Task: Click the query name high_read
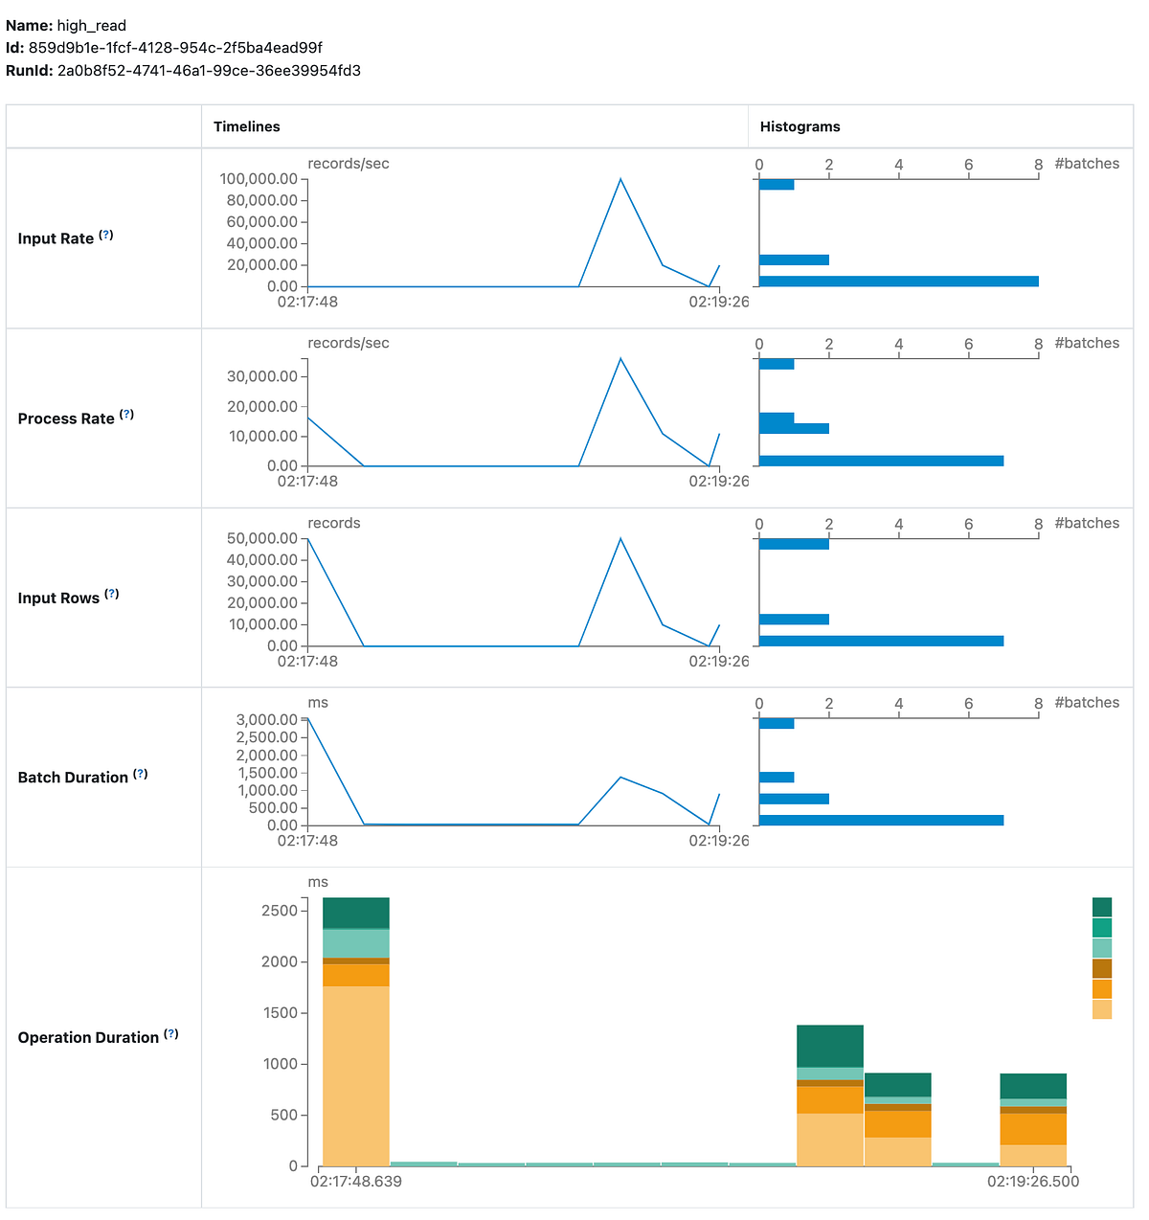pos(91,26)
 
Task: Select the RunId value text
pos(209,71)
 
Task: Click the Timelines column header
pos(246,126)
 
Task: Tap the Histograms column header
pos(800,126)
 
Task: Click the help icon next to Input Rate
pos(106,236)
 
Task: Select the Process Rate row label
pos(66,418)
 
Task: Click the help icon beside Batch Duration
pos(141,774)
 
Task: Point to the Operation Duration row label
pos(88,1037)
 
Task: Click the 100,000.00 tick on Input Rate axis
pos(259,179)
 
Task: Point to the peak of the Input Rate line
pos(620,179)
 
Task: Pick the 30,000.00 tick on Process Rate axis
pos(261,376)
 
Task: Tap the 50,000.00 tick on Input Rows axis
pos(261,538)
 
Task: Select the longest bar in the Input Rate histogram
pos(898,282)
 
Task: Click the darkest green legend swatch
pos(1102,907)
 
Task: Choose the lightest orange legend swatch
pos(1102,1009)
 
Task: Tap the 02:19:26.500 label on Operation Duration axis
pos(1033,1182)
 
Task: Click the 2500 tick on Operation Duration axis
pos(280,911)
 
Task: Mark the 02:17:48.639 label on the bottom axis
pos(356,1182)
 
